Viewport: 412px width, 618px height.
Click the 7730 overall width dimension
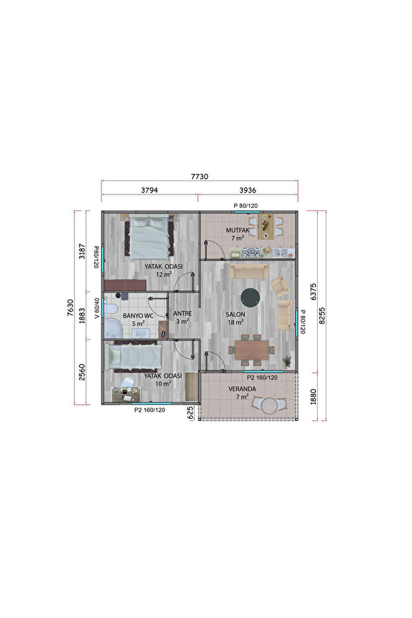click(199, 177)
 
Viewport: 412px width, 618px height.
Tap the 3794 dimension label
click(149, 190)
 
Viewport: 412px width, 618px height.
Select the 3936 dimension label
click(247, 190)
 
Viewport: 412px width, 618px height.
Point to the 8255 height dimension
click(322, 315)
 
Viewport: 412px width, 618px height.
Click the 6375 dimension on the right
click(314, 291)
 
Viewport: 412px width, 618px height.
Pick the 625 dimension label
click(190, 412)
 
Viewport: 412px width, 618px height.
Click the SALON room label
click(236, 314)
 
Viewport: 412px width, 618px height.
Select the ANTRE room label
click(182, 313)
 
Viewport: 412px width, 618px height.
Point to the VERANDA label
click(242, 388)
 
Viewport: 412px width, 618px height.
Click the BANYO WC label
click(138, 316)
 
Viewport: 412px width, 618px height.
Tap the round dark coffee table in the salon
click(250, 297)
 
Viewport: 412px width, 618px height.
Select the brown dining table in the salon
click(251, 350)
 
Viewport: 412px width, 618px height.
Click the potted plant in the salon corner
click(287, 361)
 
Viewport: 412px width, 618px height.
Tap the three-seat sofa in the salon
click(249, 271)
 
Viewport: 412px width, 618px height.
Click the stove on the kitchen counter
click(251, 252)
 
